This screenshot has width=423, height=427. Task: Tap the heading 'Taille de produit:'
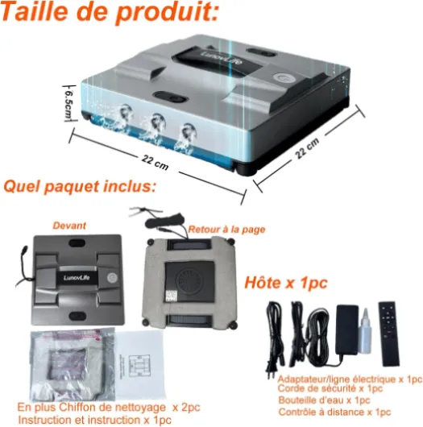click(x=110, y=11)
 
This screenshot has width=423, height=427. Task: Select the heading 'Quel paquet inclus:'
click(x=80, y=187)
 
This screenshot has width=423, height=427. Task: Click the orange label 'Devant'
click(x=69, y=226)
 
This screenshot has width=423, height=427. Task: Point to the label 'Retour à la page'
click(x=226, y=230)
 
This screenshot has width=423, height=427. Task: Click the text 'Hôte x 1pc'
click(x=286, y=283)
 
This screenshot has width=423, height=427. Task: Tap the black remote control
click(x=389, y=334)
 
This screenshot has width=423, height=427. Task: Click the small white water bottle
click(x=364, y=331)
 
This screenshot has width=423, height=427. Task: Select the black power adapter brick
click(x=347, y=330)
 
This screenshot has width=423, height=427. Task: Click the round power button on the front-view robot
click(x=112, y=278)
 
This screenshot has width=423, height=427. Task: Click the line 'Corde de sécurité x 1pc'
click(x=330, y=388)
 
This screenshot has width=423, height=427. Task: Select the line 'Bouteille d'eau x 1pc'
click(x=324, y=400)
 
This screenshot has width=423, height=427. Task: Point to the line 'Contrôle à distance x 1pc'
click(x=334, y=412)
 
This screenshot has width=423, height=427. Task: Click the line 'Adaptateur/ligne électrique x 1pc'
click(x=350, y=379)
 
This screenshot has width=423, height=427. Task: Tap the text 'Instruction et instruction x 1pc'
click(x=95, y=420)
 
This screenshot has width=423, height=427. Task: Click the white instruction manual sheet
click(x=139, y=365)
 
